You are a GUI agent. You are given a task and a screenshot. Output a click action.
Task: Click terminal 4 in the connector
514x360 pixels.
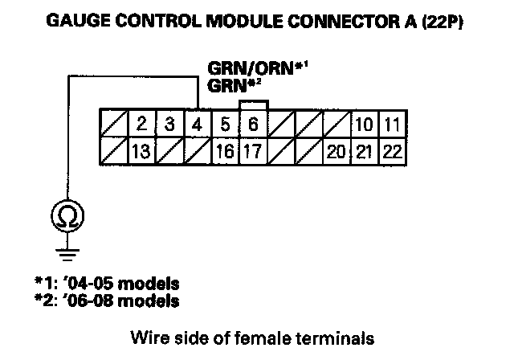click(197, 125)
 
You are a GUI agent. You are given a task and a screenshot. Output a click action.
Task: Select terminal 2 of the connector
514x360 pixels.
click(141, 125)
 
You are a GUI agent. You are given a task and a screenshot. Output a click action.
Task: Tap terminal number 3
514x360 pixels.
click(169, 125)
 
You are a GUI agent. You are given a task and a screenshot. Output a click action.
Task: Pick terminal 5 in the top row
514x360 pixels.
click(225, 125)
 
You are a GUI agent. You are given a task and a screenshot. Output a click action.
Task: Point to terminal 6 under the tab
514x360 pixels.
click(252, 125)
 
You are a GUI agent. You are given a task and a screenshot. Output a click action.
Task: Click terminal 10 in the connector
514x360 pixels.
click(363, 125)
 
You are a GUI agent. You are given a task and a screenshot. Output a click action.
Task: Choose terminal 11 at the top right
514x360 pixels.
click(391, 125)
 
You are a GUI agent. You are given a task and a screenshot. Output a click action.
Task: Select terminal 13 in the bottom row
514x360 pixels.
click(141, 150)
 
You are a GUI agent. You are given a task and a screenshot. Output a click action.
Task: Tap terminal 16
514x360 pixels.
click(225, 150)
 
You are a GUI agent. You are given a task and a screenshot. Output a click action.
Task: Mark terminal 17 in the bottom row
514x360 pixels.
click(252, 150)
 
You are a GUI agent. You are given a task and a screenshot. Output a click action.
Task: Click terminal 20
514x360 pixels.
click(336, 150)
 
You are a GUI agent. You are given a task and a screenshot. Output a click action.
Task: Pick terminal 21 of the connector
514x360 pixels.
click(363, 150)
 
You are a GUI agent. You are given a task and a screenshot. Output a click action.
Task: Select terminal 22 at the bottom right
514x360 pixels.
click(391, 150)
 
